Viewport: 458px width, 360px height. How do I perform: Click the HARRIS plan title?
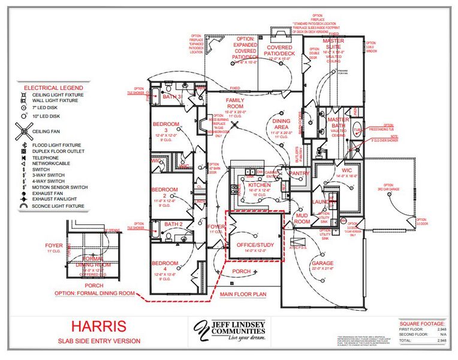(x=100, y=326)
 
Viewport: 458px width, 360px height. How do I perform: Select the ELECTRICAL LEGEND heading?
(x=49, y=87)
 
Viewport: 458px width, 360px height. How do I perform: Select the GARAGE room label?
(x=322, y=263)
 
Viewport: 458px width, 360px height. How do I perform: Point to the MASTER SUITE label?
(x=333, y=45)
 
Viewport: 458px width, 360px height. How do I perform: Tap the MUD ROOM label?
(x=302, y=218)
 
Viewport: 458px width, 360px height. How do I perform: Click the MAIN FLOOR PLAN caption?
(x=242, y=295)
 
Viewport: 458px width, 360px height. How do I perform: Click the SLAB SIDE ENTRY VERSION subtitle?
(x=100, y=341)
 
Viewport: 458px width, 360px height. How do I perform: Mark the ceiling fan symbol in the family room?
(x=236, y=125)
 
